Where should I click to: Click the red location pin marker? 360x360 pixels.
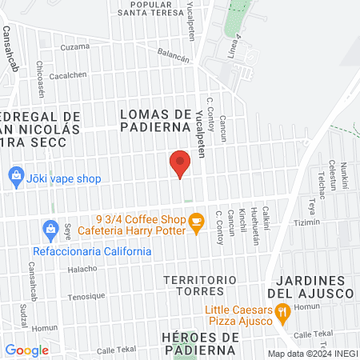pyautogui.click(x=180, y=165)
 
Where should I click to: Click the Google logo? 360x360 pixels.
pyautogui.click(x=26, y=350)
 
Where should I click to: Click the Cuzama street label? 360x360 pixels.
pyautogui.click(x=75, y=46)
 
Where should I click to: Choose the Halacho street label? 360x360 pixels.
pyautogui.click(x=82, y=269)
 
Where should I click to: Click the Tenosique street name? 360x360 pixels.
pyautogui.click(x=86, y=296)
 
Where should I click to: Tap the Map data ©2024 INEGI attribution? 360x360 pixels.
pyautogui.click(x=311, y=353)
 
